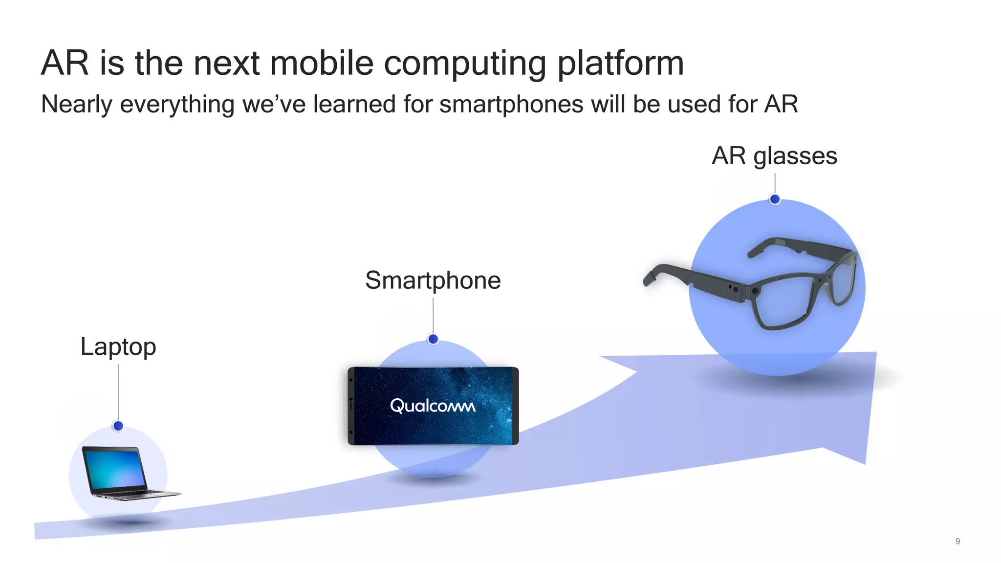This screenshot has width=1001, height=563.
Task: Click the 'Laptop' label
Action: click(x=118, y=347)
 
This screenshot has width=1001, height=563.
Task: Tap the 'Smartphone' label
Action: click(x=433, y=281)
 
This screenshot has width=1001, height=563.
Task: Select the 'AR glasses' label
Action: click(x=774, y=156)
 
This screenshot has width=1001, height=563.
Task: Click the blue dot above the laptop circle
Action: click(x=118, y=426)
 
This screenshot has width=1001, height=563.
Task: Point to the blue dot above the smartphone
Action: click(x=433, y=339)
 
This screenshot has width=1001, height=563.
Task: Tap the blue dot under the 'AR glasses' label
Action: click(x=775, y=199)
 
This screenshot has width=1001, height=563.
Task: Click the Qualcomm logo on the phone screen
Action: click(x=433, y=406)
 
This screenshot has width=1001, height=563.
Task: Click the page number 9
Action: click(x=957, y=541)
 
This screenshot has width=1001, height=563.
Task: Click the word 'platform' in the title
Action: click(x=620, y=64)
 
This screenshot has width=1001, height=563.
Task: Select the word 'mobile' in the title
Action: click(x=322, y=64)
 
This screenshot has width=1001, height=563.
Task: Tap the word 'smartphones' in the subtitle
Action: click(x=511, y=105)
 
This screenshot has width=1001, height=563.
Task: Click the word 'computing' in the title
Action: click(x=465, y=64)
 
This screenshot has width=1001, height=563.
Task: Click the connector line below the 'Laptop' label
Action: click(x=118, y=391)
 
